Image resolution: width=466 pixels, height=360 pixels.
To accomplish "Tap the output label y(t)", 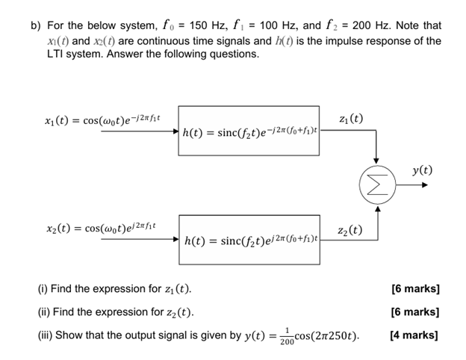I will point(422,170).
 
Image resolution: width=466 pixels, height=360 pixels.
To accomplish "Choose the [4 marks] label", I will point(414,335).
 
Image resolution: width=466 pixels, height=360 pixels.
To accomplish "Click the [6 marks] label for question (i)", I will point(414,289).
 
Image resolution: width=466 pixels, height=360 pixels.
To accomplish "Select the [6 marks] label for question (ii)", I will point(414,312).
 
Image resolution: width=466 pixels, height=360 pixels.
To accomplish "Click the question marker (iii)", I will point(46,336).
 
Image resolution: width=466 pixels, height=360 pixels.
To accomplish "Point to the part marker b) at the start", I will point(34,25).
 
